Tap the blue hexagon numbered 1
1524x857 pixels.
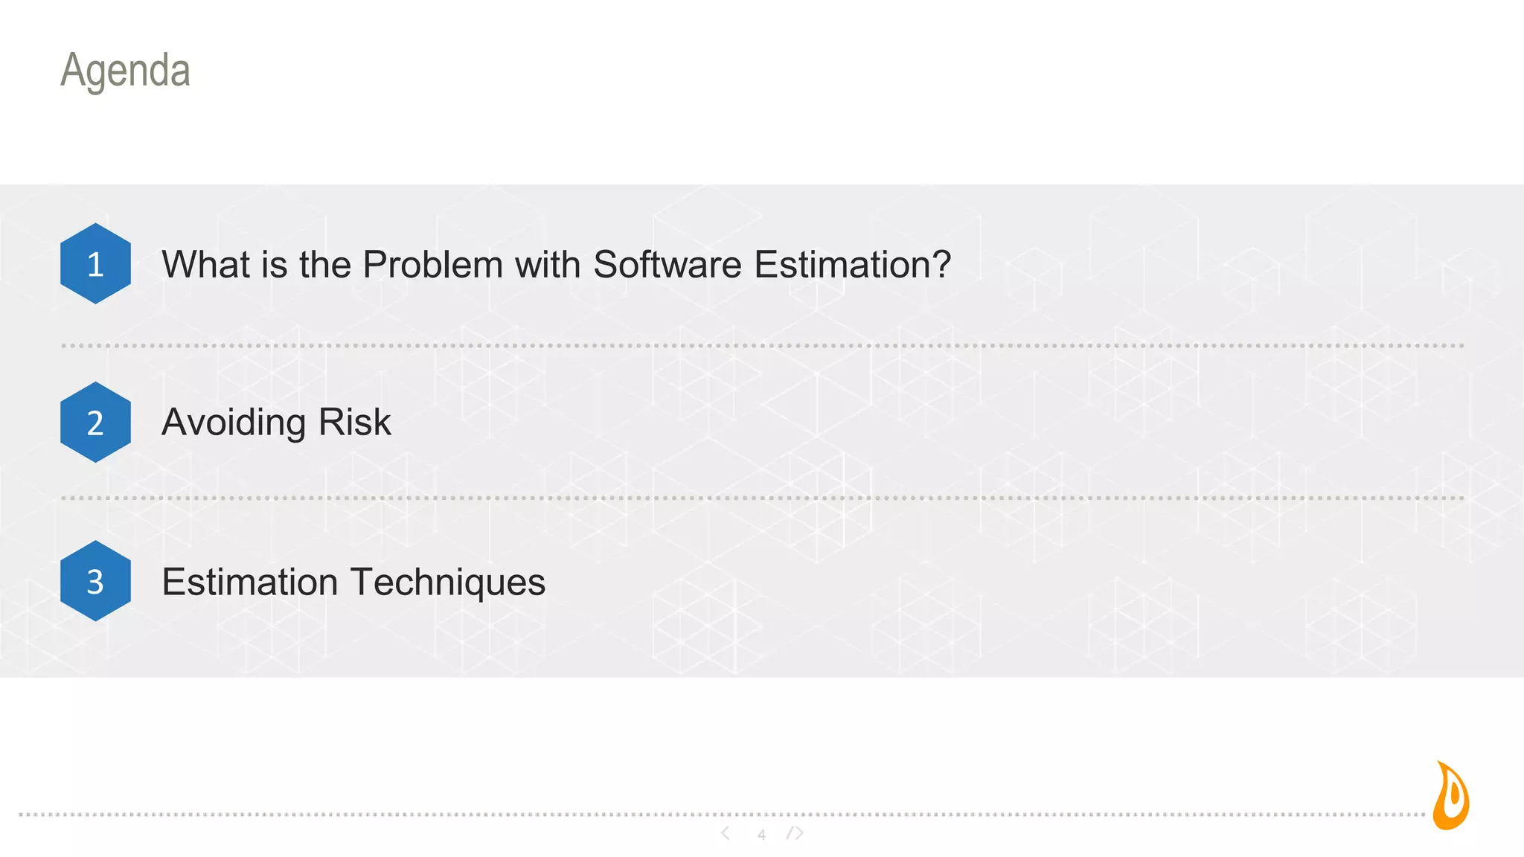point(95,263)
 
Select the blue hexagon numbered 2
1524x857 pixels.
point(95,422)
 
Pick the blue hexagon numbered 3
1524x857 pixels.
point(95,581)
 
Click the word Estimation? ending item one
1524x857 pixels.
point(853,265)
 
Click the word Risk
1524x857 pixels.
point(354,423)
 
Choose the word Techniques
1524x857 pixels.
point(448,582)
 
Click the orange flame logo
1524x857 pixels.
point(1450,796)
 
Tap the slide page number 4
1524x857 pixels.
point(761,835)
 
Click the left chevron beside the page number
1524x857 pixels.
point(726,833)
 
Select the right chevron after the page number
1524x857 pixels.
point(799,833)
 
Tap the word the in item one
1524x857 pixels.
point(324,265)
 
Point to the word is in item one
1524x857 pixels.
point(274,265)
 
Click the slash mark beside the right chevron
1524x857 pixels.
point(790,833)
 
